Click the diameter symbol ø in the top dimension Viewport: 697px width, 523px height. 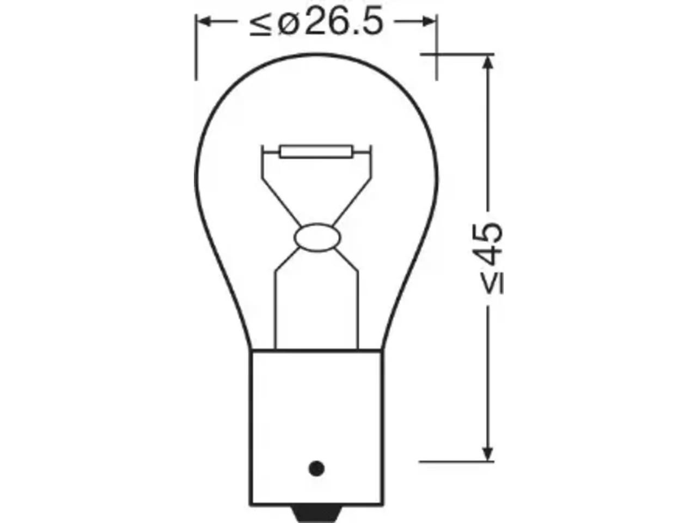pyautogui.click(x=288, y=24)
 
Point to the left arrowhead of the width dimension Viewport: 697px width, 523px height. pyautogui.click(x=205, y=22)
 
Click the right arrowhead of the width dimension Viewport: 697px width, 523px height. pyautogui.click(x=427, y=22)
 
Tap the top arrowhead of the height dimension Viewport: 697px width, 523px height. pyautogui.click(x=488, y=62)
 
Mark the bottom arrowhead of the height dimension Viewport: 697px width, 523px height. pyautogui.click(x=487, y=453)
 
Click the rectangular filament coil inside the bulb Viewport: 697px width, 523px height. pyautogui.click(x=316, y=151)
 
